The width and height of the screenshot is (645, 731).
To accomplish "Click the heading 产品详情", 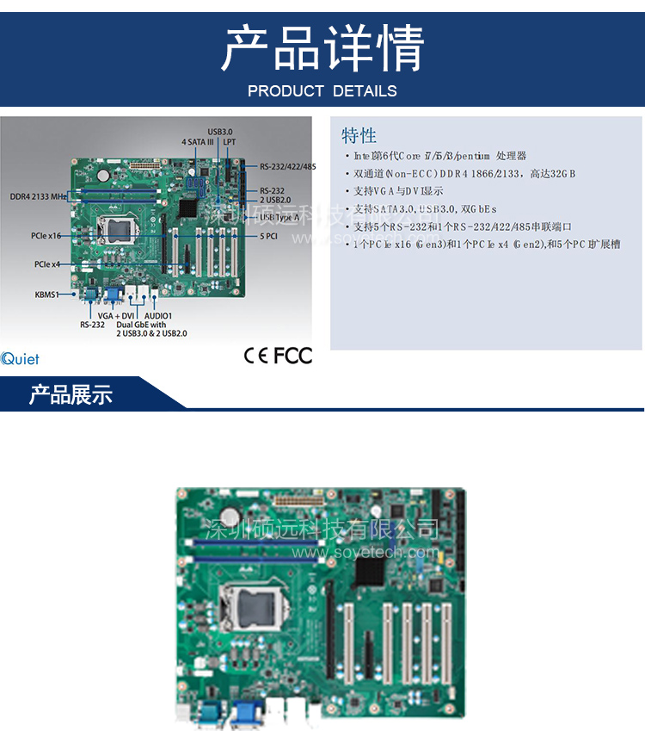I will [x=322, y=48].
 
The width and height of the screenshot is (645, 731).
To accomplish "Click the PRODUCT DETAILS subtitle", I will [x=322, y=90].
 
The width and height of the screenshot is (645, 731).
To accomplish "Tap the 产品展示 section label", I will [x=71, y=395].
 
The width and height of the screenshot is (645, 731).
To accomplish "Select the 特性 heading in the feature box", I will [x=359, y=135].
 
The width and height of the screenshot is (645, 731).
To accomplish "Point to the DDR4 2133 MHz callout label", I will [x=39, y=196].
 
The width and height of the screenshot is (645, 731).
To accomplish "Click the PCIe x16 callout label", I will [x=46, y=235].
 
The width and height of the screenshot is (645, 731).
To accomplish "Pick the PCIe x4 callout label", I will [x=47, y=264].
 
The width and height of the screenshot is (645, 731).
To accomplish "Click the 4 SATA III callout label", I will [x=197, y=141].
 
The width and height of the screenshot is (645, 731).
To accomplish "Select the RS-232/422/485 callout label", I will [x=288, y=166].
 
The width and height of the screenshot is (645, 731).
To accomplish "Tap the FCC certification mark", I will [x=293, y=355].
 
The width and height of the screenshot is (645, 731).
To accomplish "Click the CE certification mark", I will [x=256, y=355].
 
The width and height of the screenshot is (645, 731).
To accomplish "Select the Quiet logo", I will [x=20, y=360].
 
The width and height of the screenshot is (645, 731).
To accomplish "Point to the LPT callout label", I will [x=230, y=141].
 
